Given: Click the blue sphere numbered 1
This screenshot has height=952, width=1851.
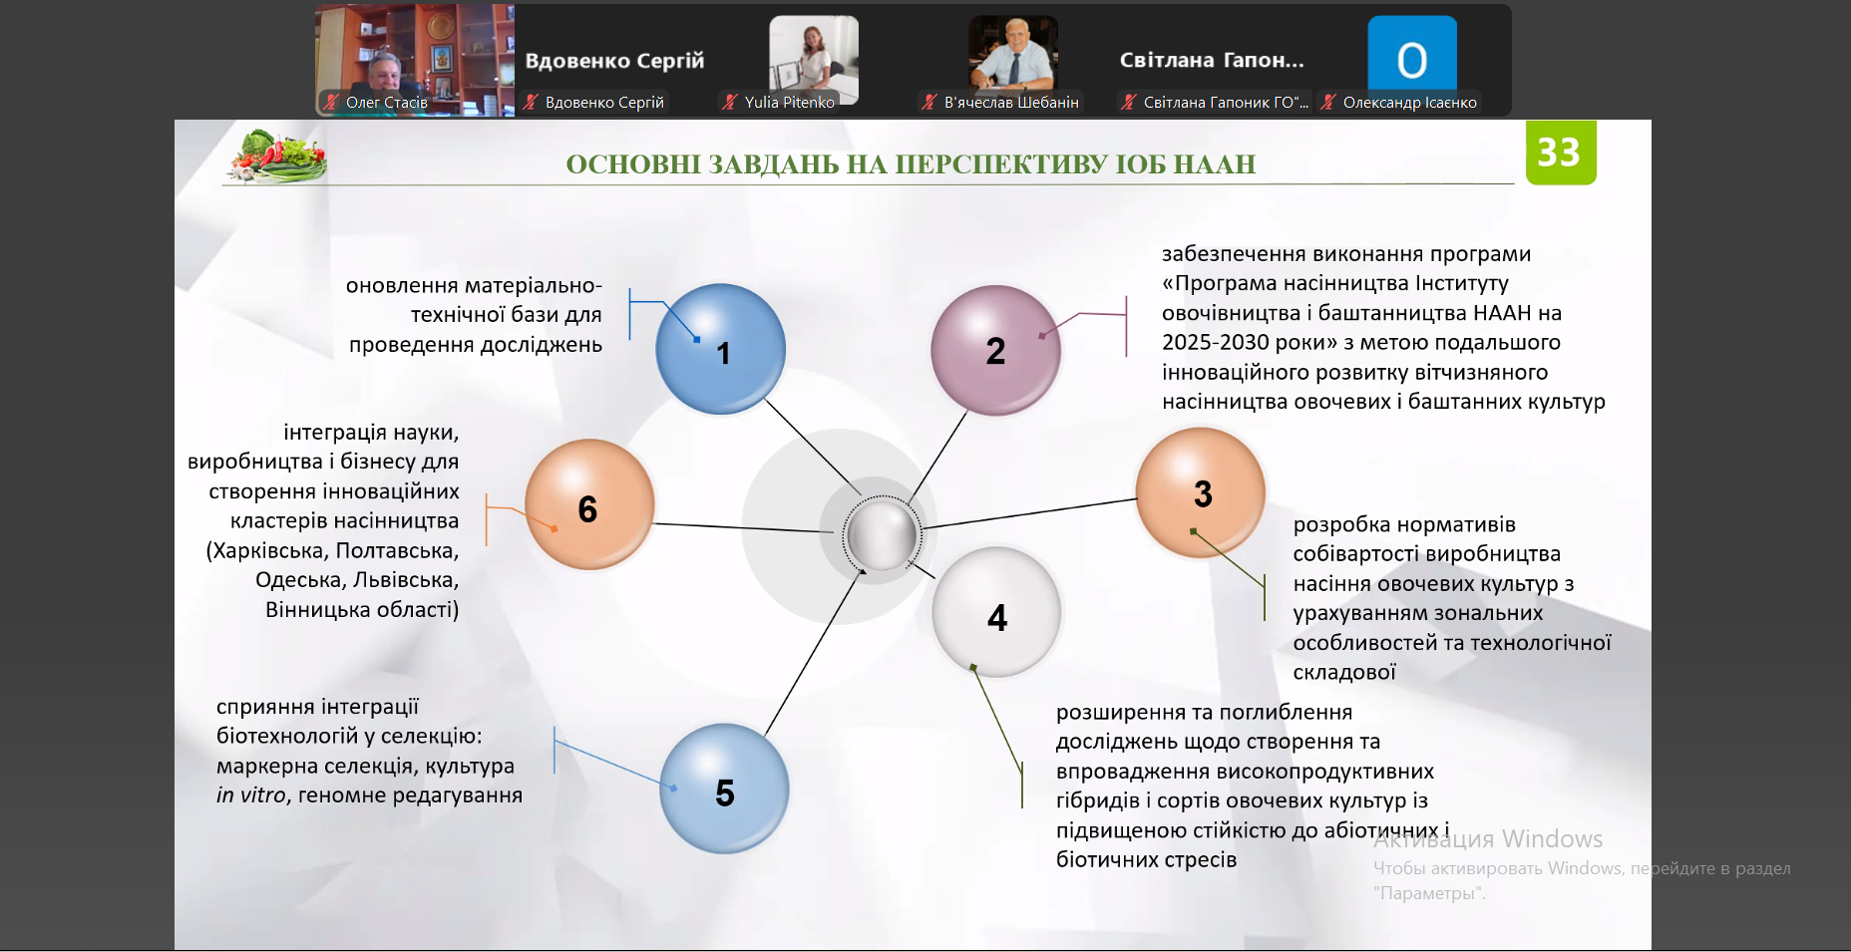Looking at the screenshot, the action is tap(720, 349).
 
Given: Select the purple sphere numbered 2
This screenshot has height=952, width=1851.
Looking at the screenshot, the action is tap(995, 350).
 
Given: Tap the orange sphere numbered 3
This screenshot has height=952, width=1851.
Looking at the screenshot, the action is tap(1201, 492).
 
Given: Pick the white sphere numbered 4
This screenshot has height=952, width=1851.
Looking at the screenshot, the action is tap(996, 612).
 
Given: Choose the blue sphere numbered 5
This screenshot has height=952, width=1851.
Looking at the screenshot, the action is tap(724, 789).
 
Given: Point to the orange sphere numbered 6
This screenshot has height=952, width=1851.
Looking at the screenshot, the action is tap(589, 504).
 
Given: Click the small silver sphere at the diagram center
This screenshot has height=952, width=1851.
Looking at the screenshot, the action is tap(881, 535).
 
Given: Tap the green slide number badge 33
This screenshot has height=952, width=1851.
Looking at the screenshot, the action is tap(1561, 153).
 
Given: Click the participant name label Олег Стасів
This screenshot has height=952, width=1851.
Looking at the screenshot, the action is tap(386, 103).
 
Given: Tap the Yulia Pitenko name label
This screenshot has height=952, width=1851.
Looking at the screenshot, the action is tap(789, 103).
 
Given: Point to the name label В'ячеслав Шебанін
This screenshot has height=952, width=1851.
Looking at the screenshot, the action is tap(1011, 103).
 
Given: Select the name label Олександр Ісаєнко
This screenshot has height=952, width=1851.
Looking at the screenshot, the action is tap(1409, 103).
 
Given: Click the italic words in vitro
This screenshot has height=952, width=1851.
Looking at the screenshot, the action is tap(251, 795).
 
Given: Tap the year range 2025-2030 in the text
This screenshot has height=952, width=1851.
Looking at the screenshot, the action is tap(1217, 343).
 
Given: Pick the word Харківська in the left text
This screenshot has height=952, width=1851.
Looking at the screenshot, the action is tap(267, 551).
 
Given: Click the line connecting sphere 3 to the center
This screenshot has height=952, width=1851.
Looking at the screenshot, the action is tap(1029, 513).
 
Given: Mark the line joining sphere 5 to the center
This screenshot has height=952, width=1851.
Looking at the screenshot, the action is tap(811, 653).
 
